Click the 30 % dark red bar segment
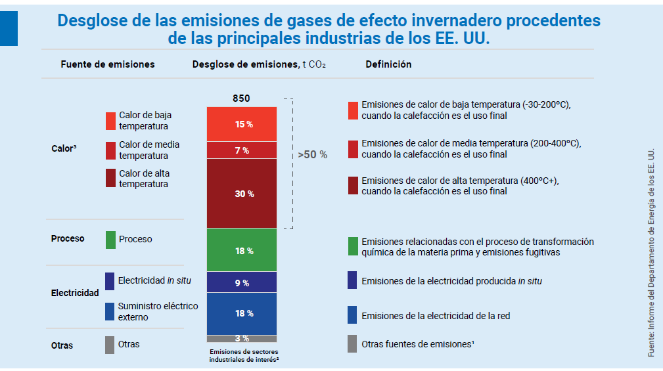[241, 194]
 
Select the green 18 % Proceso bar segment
[241, 250]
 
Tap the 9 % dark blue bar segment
[241, 282]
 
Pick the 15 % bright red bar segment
[241, 124]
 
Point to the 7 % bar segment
[241, 150]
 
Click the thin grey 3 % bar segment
[241, 339]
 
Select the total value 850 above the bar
[241, 98]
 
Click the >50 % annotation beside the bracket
[312, 155]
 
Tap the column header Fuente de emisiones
[108, 64]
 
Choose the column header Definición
[388, 64]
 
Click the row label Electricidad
[75, 293]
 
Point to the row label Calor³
[64, 148]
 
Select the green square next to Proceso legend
[110, 240]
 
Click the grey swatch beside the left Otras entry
[110, 345]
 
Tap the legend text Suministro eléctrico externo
[157, 311]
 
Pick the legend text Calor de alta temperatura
[143, 179]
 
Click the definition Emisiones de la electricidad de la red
[436, 316]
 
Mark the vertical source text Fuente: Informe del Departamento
[651, 253]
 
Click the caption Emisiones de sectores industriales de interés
[241, 356]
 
